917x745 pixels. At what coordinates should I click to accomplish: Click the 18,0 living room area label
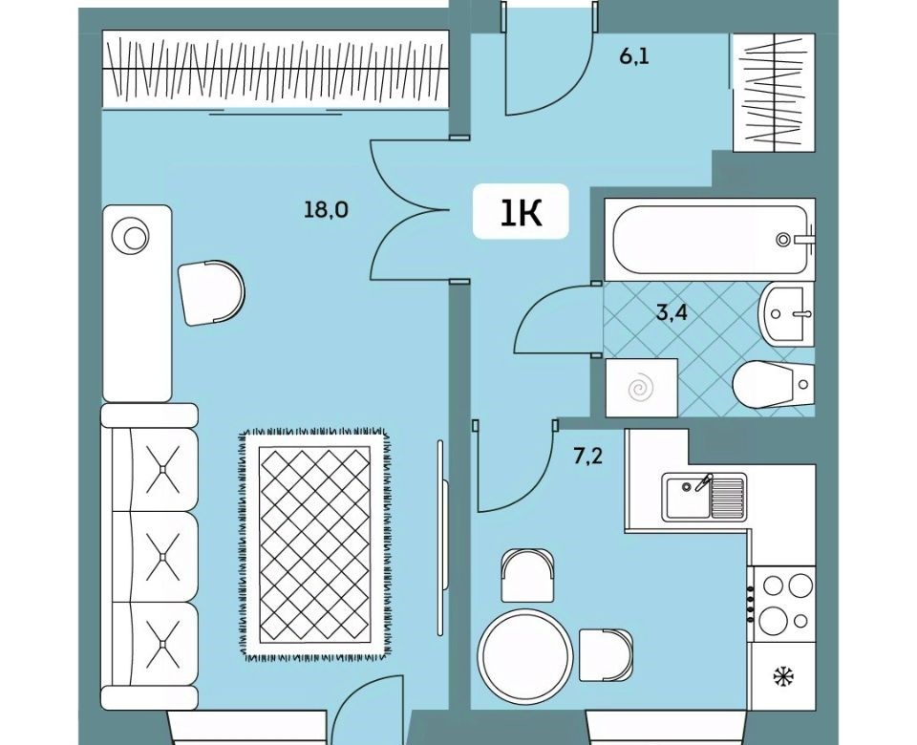(x=326, y=209)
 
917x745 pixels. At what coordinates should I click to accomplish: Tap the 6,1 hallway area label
(x=634, y=57)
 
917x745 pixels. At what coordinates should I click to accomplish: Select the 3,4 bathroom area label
(x=672, y=312)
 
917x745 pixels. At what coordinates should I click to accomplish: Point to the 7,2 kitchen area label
(x=587, y=457)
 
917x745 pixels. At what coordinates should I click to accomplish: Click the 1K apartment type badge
(x=521, y=211)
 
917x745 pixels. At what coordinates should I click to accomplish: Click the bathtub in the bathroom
(x=710, y=240)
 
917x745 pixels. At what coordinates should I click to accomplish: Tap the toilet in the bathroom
(x=773, y=384)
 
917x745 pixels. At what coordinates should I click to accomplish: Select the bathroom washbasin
(x=786, y=314)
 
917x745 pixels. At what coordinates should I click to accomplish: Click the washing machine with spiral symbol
(x=642, y=388)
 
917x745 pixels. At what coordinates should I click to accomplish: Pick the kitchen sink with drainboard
(x=704, y=497)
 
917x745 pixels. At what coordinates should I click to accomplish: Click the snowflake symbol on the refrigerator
(x=783, y=677)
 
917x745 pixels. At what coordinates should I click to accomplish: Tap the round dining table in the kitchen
(x=524, y=652)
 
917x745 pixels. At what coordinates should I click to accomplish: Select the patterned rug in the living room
(x=316, y=545)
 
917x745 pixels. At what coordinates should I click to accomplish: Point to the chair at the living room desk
(x=211, y=292)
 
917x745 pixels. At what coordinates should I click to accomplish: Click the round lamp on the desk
(x=134, y=236)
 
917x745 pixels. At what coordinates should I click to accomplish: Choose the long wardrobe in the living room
(x=275, y=70)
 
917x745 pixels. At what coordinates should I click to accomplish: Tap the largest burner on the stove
(x=774, y=619)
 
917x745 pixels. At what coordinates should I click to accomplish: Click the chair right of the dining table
(x=606, y=655)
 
